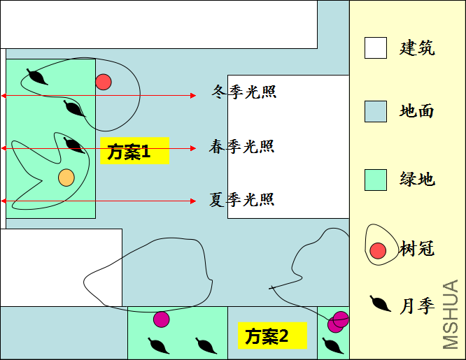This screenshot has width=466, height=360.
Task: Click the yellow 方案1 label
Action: [x=134, y=150]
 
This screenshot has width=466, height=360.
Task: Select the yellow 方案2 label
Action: [x=272, y=336]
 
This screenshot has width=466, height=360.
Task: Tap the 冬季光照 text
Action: [x=244, y=92]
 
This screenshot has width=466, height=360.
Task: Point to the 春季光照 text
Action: [x=241, y=146]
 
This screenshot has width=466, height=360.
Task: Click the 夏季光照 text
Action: [x=241, y=200]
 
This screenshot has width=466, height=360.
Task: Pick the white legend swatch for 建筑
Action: [x=376, y=48]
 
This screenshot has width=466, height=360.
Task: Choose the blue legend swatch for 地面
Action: [x=376, y=111]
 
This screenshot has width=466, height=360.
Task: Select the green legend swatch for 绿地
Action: [x=376, y=180]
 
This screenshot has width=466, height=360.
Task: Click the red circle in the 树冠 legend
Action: [x=378, y=251]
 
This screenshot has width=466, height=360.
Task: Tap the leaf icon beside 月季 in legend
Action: [x=380, y=303]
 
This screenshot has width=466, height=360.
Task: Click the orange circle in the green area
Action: [x=66, y=178]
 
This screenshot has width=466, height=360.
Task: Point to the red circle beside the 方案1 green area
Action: [x=104, y=82]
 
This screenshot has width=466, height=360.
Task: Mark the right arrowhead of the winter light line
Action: [x=193, y=96]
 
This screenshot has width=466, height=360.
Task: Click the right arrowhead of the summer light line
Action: [x=193, y=201]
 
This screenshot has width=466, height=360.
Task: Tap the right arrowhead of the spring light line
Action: [x=193, y=148]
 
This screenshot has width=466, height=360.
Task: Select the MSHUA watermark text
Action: [x=451, y=315]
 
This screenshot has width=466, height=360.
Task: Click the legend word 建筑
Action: [x=417, y=48]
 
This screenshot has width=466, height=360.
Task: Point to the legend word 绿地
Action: [x=417, y=179]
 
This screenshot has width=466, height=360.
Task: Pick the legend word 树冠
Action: [x=417, y=248]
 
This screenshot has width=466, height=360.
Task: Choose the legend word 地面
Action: [x=416, y=111]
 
